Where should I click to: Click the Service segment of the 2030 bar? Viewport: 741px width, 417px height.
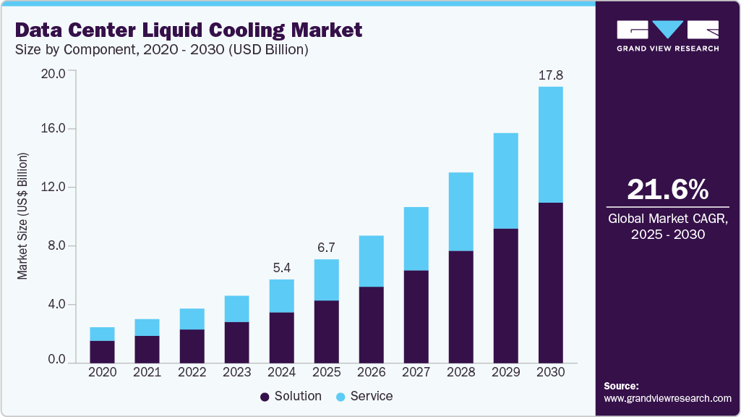click(x=550, y=145)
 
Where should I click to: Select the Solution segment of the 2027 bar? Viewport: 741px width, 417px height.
click(x=416, y=316)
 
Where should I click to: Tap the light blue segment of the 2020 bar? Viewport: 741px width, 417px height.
click(x=102, y=334)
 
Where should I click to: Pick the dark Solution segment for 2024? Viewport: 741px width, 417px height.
click(x=281, y=337)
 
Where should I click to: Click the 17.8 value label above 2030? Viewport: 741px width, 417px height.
click(x=550, y=75)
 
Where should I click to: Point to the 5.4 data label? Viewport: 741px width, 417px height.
click(x=281, y=267)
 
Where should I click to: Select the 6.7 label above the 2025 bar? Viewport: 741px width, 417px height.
click(x=326, y=248)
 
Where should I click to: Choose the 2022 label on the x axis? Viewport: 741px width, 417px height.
click(x=192, y=372)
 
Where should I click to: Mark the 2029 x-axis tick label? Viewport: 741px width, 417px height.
click(x=505, y=372)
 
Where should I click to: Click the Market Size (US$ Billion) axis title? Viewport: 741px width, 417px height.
click(x=23, y=216)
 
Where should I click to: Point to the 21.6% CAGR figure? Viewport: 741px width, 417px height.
click(x=667, y=189)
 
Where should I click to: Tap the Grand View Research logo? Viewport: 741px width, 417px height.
click(x=667, y=35)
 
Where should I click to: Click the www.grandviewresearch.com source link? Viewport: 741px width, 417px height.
click(x=667, y=398)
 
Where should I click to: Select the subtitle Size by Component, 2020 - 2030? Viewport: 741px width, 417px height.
click(x=163, y=50)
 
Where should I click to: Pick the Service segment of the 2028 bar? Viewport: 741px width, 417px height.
click(x=461, y=211)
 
